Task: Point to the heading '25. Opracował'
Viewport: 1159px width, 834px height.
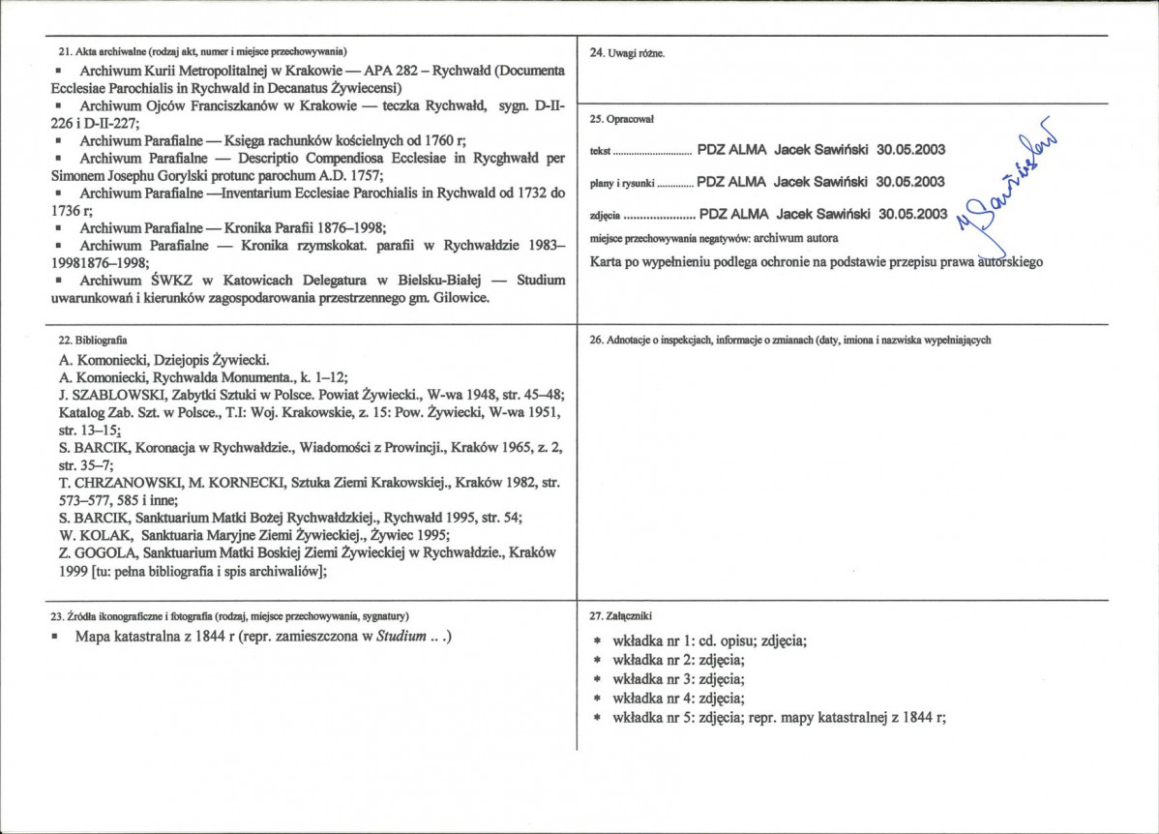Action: click(622, 119)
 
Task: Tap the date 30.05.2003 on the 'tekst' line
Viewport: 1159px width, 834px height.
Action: click(910, 150)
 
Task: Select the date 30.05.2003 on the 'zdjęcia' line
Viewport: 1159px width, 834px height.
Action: click(912, 214)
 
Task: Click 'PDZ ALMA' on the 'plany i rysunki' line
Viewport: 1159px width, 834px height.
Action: click(731, 182)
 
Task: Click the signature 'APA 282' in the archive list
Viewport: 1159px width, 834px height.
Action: click(391, 72)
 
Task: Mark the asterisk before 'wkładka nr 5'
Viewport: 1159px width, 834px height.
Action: click(598, 718)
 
